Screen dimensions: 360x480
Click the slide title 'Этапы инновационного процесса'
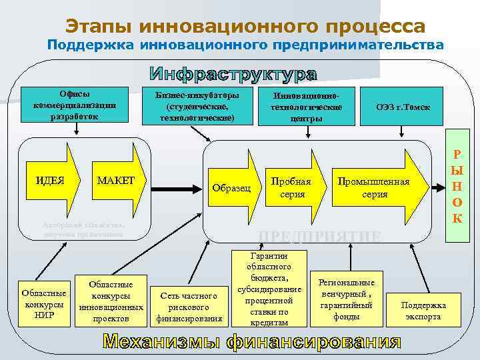tap(245, 26)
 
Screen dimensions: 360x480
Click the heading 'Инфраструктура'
tap(233, 74)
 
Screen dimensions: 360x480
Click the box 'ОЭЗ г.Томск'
tap(403, 107)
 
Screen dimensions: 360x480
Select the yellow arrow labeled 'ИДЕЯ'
tap(51, 181)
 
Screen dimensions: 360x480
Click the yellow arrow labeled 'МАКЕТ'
tap(117, 181)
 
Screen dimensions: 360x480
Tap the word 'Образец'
tap(230, 188)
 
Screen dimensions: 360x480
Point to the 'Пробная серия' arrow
tap(291, 188)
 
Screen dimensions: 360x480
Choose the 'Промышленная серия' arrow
tap(374, 188)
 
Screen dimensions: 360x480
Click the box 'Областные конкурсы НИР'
tap(44, 304)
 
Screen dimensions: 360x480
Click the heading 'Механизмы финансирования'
tap(251, 343)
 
